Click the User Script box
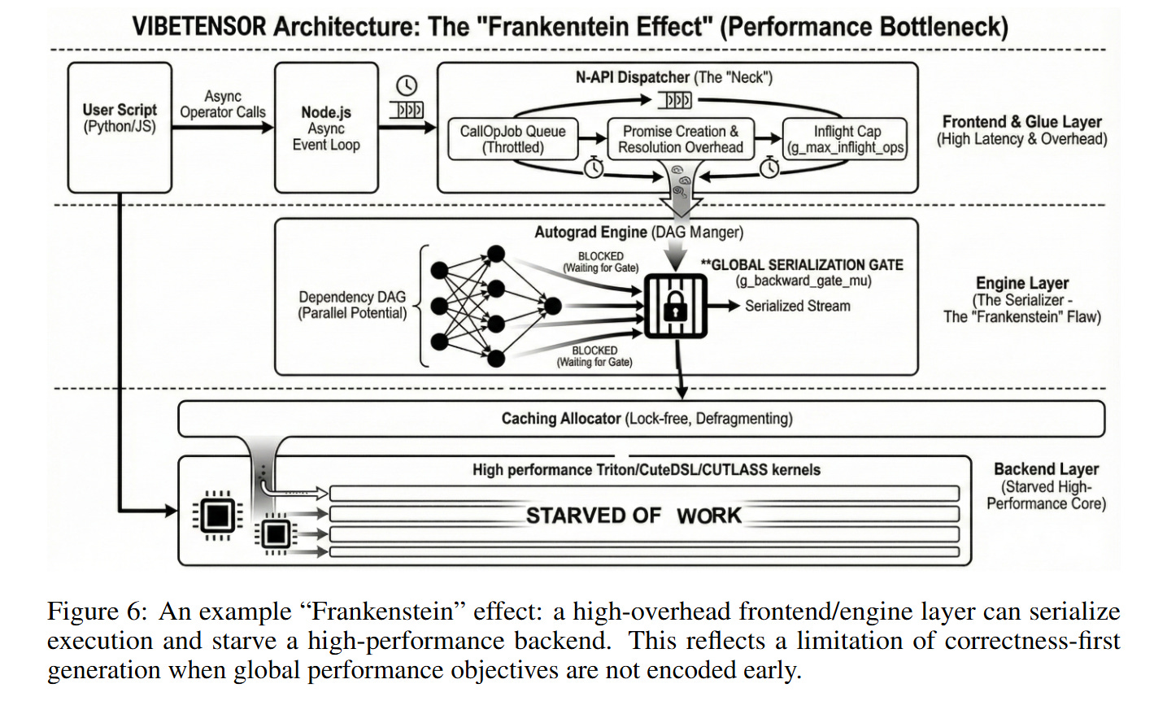point(119,128)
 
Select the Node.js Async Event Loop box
point(326,128)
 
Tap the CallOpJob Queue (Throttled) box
point(512,139)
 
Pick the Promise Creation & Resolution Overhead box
point(681,139)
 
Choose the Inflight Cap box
point(846,139)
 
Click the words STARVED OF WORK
point(634,516)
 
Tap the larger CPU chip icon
point(216,513)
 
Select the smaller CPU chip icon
point(275,533)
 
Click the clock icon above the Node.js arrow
point(407,85)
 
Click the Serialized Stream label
point(797,306)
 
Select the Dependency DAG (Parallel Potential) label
point(352,305)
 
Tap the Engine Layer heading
point(1022,283)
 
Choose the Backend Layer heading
point(1046,469)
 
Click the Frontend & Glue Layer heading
point(1021,122)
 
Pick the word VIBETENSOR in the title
point(198,26)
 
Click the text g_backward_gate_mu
point(803,281)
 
